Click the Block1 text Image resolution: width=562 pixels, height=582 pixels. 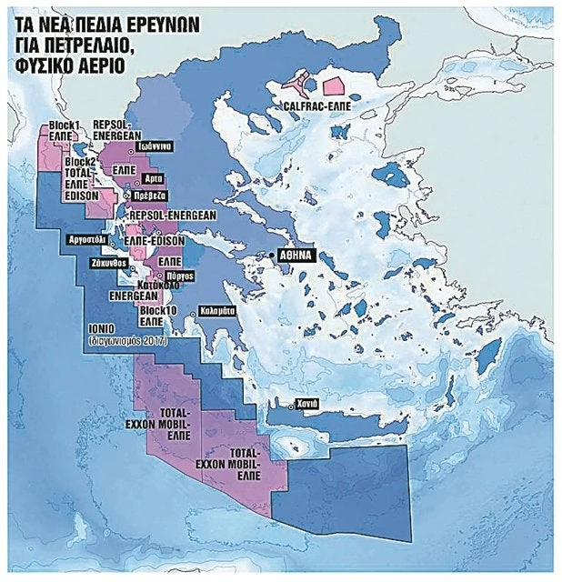[60, 124]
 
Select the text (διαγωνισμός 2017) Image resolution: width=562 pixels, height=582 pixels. [121, 343]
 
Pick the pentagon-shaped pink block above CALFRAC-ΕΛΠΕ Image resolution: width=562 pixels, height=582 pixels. [335, 86]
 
